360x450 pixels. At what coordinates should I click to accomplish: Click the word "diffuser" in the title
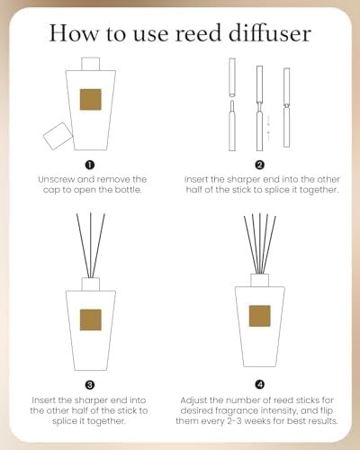(269, 32)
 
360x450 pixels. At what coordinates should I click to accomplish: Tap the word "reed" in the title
(198, 33)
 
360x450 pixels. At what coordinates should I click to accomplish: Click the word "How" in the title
(73, 33)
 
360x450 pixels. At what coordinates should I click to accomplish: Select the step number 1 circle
(90, 165)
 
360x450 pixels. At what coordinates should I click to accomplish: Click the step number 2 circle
(260, 165)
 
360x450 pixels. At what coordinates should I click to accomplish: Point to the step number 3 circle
(90, 385)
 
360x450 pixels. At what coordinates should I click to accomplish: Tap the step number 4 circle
(260, 384)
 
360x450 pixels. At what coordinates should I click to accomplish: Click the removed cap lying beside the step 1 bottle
(58, 136)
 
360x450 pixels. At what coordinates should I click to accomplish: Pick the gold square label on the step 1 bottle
(90, 100)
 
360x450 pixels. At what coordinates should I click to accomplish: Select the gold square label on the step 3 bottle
(90, 319)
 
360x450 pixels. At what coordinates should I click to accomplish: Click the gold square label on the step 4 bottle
(260, 316)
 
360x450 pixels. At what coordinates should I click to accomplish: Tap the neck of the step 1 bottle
(90, 64)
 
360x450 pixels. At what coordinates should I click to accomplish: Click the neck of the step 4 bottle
(260, 280)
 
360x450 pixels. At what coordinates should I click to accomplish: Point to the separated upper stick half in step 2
(232, 77)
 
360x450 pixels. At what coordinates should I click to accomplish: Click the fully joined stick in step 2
(286, 108)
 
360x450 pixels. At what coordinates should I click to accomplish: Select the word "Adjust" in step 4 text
(194, 400)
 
